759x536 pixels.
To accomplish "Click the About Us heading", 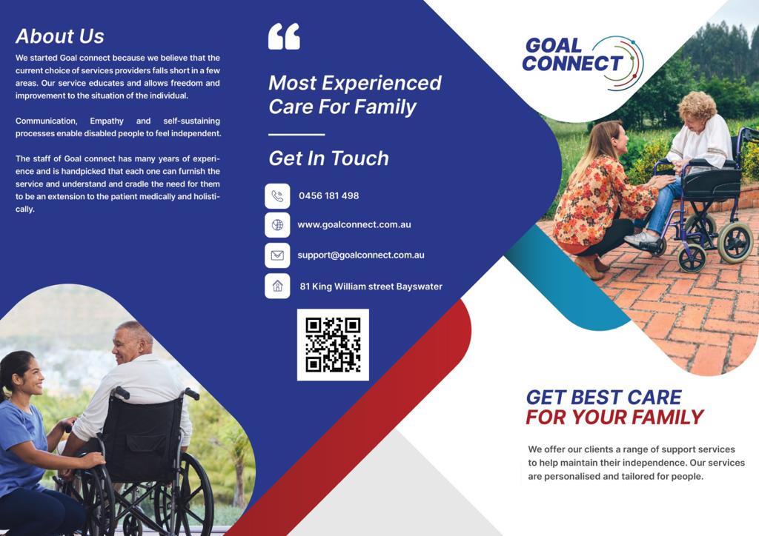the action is (x=59, y=36).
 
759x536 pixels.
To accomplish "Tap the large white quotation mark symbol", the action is (x=284, y=36).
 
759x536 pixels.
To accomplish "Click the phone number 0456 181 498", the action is (x=328, y=195).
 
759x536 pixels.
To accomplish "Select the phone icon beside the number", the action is (x=277, y=195).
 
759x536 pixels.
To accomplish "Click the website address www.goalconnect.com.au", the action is (x=354, y=225).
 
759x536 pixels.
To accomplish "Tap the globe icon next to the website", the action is (x=277, y=225).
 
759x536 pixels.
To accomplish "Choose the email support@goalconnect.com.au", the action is (x=361, y=255).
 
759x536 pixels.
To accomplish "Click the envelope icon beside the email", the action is (x=277, y=255).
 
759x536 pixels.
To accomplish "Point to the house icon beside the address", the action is (x=277, y=286).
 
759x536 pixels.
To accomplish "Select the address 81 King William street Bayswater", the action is (x=371, y=287).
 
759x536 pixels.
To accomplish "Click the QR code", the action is (x=333, y=345).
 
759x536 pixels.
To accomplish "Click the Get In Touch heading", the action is (x=328, y=158).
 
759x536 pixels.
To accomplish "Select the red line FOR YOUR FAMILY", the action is (x=614, y=417).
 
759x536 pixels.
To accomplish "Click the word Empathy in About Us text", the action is (x=107, y=121).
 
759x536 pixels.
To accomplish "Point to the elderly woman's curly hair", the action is (x=697, y=105).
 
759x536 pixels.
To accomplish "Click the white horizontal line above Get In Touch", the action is (x=296, y=134).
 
